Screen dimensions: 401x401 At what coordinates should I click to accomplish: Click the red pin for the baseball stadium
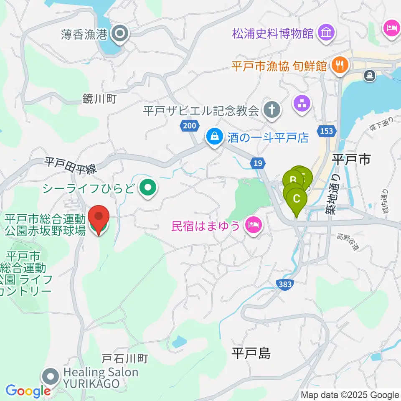99,217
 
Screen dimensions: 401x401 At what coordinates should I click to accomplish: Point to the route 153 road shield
327,131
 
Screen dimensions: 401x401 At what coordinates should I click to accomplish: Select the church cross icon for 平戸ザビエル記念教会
272,111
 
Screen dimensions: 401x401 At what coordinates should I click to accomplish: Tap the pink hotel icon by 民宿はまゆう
253,226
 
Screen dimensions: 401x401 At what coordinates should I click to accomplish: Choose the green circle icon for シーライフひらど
147,188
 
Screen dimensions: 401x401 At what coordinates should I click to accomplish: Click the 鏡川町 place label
99,99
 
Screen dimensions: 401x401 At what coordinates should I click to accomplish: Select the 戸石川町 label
125,358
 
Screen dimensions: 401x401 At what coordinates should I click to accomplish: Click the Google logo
28,391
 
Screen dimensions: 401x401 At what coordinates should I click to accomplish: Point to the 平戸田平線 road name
71,165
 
